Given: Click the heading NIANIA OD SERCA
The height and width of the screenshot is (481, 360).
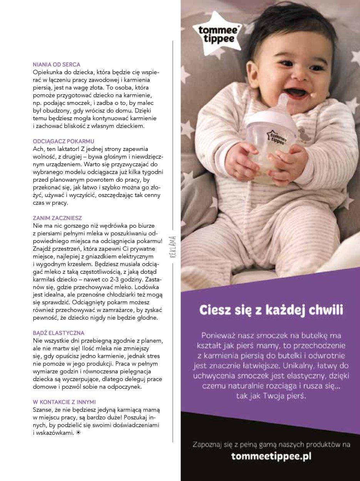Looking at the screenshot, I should click(57, 65).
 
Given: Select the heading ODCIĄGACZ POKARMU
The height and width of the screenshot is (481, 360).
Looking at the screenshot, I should click(64, 141).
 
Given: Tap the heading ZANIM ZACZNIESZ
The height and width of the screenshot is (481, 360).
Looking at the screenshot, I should click(57, 218).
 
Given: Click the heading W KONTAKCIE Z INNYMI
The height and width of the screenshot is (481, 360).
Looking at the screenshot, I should click(64, 402).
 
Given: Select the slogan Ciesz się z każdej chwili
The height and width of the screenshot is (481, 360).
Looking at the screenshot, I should click(270, 310).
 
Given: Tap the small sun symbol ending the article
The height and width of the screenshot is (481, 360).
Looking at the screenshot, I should click(78, 433).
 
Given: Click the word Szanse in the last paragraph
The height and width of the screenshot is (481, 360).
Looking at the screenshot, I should click(43, 409).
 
